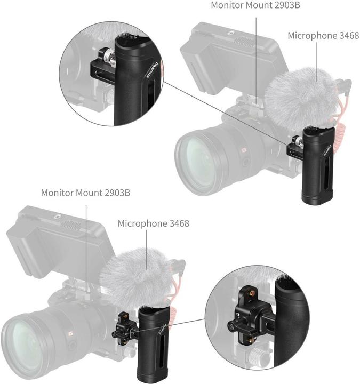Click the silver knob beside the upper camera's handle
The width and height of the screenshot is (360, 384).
point(294,143)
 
